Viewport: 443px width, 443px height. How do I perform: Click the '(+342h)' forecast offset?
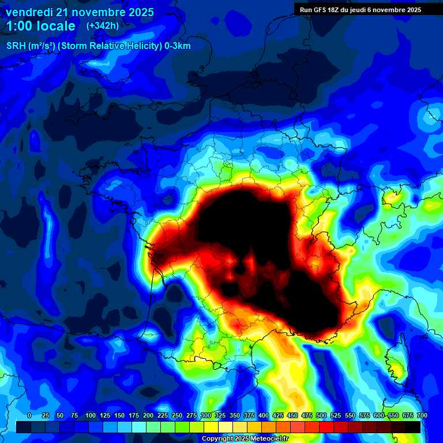coord(103,26)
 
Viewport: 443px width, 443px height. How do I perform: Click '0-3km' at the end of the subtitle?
coord(178,46)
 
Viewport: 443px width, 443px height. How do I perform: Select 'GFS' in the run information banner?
coord(318,10)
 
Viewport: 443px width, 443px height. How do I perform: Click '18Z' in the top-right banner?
coord(335,10)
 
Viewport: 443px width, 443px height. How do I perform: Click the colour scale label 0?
coord(29,415)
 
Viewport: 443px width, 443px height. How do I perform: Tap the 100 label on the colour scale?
coord(91,415)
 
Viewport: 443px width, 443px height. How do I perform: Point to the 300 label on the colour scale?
coord(206,415)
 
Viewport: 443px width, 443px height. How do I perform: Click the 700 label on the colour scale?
coord(422,415)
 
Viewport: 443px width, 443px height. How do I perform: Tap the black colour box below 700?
coord(412,427)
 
